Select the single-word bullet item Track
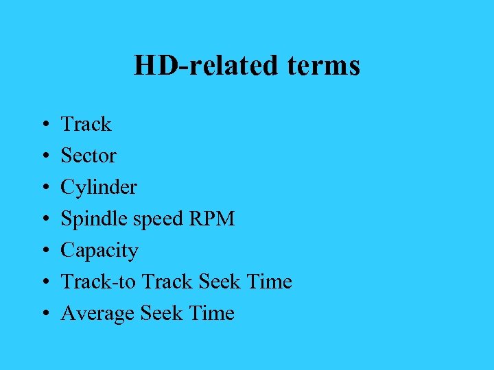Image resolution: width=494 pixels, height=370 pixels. tap(86, 124)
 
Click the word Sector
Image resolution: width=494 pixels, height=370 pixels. tap(89, 156)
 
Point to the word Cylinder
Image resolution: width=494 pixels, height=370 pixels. tap(99, 187)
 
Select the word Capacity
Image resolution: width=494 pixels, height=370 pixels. tap(99, 251)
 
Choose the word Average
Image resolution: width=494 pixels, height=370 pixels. tap(98, 314)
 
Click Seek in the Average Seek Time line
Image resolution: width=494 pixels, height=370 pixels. tap(161, 313)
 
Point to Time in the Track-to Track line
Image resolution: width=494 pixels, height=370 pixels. tap(269, 282)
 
